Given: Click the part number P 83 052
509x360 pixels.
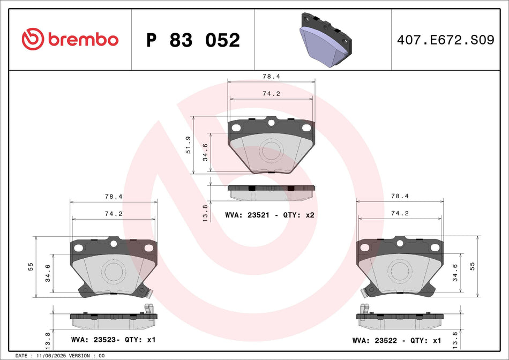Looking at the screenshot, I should click(193, 40).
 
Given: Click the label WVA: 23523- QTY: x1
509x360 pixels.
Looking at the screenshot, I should click(113, 340).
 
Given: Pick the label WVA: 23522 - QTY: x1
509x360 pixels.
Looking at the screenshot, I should click(397, 340).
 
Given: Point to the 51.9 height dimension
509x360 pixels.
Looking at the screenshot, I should click(188, 145).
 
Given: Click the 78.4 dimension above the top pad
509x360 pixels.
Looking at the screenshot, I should click(272, 77).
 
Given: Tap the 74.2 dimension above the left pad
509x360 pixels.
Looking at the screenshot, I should click(114, 213).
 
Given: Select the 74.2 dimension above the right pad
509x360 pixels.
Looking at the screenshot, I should click(400, 213).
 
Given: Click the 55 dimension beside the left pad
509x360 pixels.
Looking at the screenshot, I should click(31, 266).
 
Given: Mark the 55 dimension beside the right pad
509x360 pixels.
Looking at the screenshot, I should click(473, 266).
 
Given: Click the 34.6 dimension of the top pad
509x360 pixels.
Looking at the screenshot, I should click(205, 153).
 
